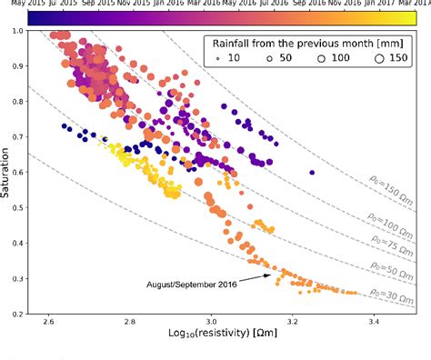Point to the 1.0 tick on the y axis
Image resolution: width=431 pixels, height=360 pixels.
coord(31,32)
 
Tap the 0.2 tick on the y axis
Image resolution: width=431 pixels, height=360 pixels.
coord(31,314)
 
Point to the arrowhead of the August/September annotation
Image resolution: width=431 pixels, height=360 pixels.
coord(271,274)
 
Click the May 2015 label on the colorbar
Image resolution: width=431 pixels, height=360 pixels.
coord(17,4)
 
